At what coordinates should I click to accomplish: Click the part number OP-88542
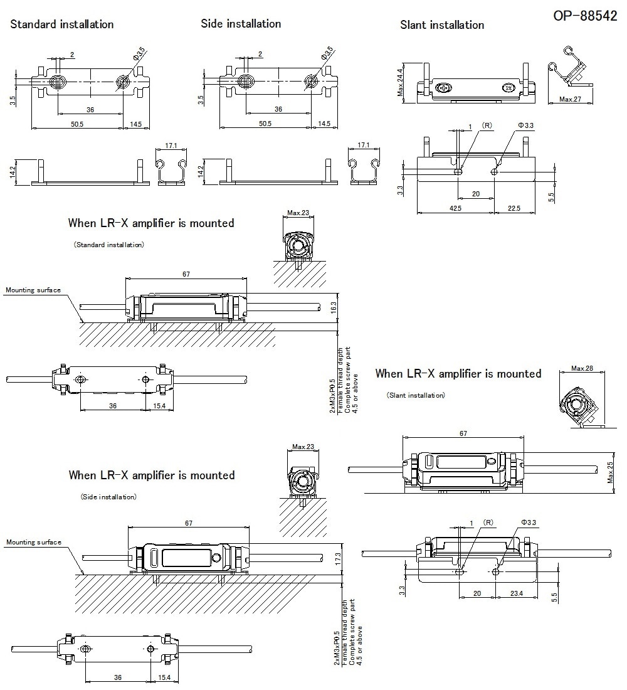pyautogui.click(x=584, y=16)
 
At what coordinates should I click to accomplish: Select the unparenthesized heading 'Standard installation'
pyautogui.click(x=62, y=24)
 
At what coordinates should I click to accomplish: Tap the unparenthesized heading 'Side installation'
pyautogui.click(x=241, y=24)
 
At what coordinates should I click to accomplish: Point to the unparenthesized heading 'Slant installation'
pyautogui.click(x=442, y=25)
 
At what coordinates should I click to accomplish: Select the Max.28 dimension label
pyautogui.click(x=582, y=368)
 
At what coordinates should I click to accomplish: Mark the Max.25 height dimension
pyautogui.click(x=610, y=472)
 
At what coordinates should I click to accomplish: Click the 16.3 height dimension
pyautogui.click(x=334, y=307)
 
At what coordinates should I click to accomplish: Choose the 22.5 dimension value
pyautogui.click(x=514, y=208)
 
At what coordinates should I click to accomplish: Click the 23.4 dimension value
pyautogui.click(x=517, y=593)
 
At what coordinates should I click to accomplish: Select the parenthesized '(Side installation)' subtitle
pyautogui.click(x=108, y=497)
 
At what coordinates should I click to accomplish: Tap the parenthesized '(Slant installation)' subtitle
pyautogui.click(x=416, y=395)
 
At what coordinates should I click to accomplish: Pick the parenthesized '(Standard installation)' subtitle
pyautogui.click(x=108, y=245)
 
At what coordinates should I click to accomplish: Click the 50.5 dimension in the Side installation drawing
pyautogui.click(x=265, y=124)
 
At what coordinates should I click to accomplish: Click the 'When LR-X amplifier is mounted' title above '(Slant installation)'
pyautogui.click(x=458, y=374)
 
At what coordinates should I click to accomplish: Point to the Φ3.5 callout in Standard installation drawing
pyautogui.click(x=139, y=53)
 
